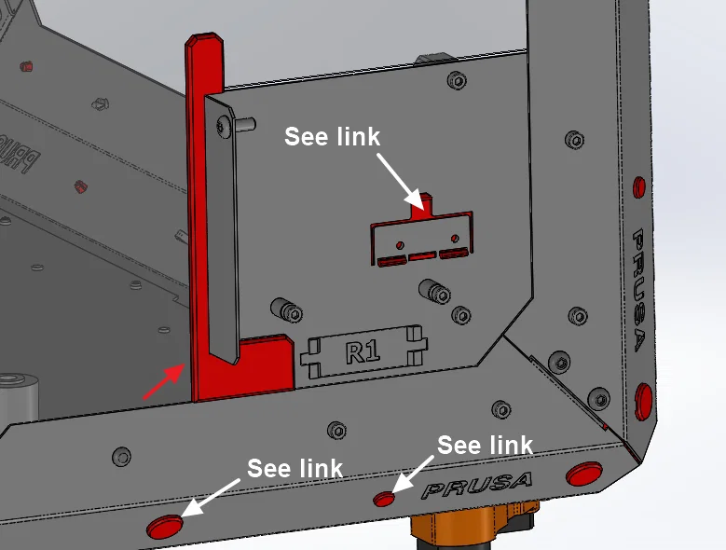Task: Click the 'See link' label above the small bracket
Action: click(332, 137)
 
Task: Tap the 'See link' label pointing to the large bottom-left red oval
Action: click(295, 468)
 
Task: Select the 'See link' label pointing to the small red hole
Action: click(485, 446)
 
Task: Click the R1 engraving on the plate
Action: click(363, 352)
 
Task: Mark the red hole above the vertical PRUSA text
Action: click(637, 186)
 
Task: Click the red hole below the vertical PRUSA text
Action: click(643, 401)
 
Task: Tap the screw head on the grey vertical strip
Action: click(224, 125)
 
